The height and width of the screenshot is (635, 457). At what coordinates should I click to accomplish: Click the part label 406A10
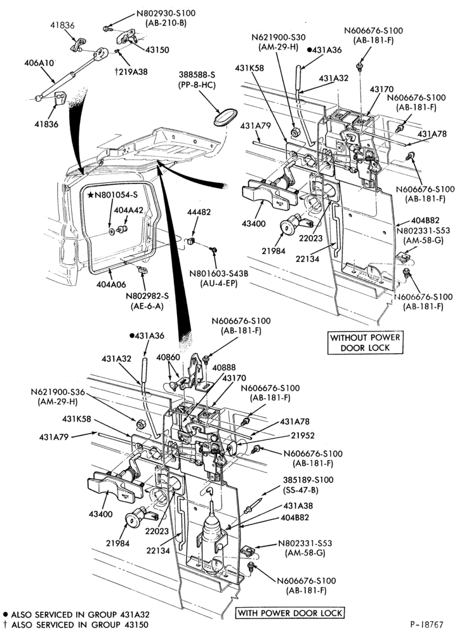[x=39, y=63]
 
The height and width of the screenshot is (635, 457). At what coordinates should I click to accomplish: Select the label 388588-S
[x=197, y=75]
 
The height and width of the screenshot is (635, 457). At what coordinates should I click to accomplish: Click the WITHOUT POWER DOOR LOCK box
[x=365, y=343]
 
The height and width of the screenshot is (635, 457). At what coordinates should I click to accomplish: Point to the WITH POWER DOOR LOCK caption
[x=290, y=613]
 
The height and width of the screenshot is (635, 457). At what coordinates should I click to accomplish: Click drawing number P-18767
[x=427, y=624]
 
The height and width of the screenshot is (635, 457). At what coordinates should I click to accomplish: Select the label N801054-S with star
[x=112, y=195]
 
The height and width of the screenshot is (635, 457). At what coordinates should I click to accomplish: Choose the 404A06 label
[x=111, y=284]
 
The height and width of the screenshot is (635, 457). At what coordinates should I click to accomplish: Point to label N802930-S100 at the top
[x=166, y=13]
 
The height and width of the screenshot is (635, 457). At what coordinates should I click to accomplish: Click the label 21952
[x=303, y=436]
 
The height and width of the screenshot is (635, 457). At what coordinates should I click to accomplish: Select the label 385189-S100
[x=308, y=480]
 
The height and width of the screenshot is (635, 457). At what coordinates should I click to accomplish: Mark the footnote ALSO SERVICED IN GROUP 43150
[x=76, y=624]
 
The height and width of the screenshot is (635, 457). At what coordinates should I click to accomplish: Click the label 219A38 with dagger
[x=131, y=72]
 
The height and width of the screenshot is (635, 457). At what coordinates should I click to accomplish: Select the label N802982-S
[x=147, y=296]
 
